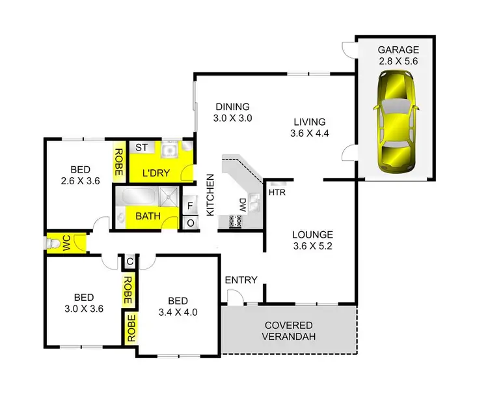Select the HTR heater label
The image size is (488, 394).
point(277,191)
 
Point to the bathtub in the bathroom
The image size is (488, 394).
point(137,198)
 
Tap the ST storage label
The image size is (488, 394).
point(141,148)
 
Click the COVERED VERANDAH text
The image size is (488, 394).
point(289,331)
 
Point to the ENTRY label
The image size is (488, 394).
point(241,280)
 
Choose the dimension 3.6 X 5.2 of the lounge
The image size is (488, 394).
point(312,247)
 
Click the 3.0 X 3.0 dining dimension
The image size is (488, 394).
point(232,119)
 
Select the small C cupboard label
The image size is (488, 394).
point(130,262)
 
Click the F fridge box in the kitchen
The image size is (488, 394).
point(189,206)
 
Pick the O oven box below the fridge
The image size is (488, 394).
point(189,222)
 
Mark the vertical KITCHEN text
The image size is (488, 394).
point(210,195)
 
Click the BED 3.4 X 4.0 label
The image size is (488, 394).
point(178,306)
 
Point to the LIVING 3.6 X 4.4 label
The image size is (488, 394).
point(309,128)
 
